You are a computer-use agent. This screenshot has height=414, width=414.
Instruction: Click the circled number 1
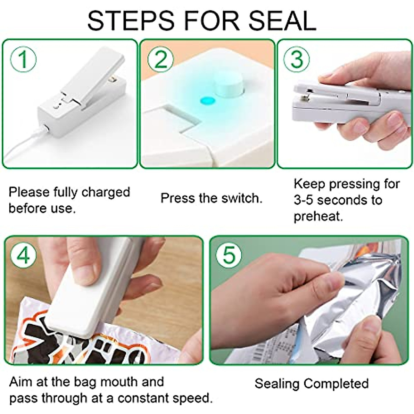tap(23, 59)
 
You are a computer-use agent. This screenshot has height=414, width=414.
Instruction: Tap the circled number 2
tap(160, 59)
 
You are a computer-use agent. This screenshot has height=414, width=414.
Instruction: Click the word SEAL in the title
tap(282, 21)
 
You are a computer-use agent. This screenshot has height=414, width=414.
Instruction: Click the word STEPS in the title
tap(130, 21)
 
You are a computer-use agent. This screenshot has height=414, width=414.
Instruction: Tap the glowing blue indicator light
tap(207, 100)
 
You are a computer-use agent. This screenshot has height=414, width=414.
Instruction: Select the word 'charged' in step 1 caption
tap(106, 193)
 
